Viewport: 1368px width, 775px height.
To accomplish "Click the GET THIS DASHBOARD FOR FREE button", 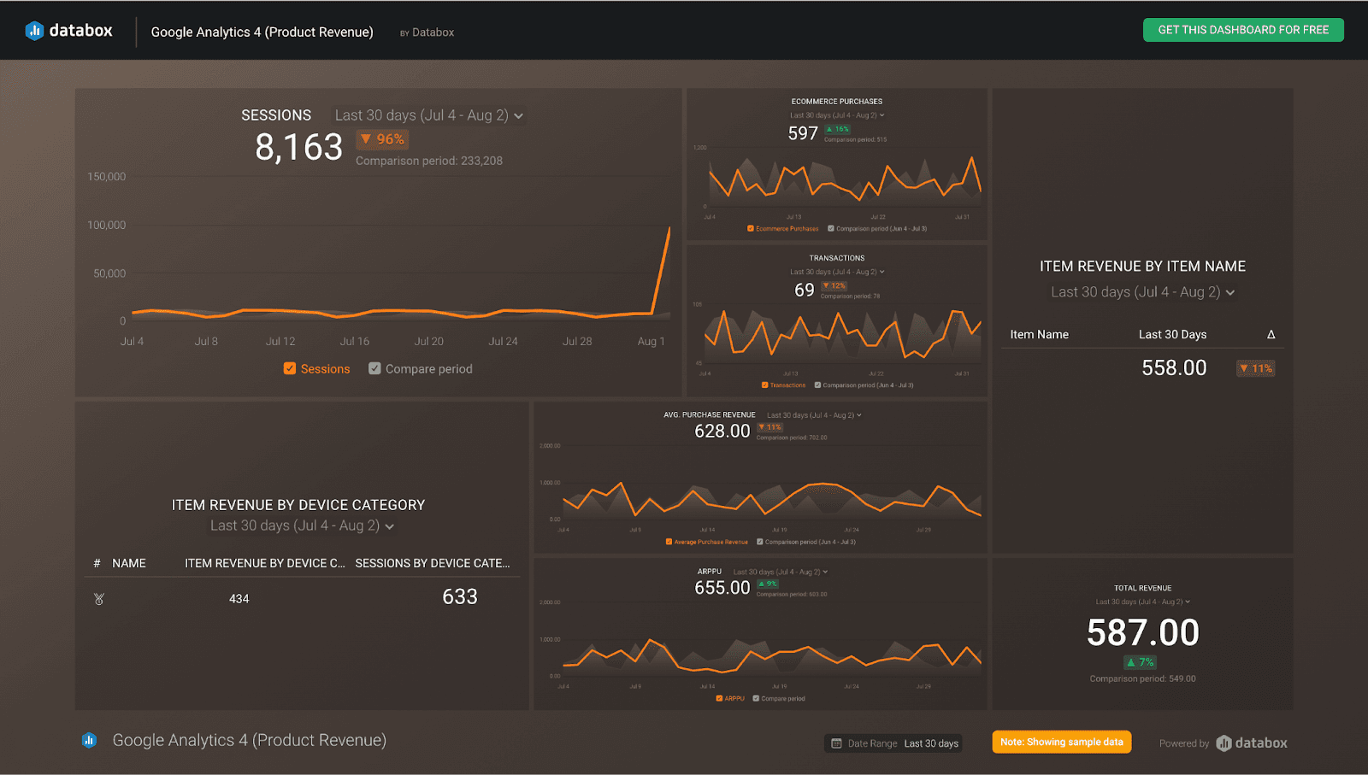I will coord(1243,30).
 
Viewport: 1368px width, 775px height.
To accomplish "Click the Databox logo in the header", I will coord(69,31).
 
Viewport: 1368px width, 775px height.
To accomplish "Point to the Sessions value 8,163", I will coord(298,147).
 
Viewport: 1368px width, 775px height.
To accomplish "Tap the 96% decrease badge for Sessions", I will coord(382,139).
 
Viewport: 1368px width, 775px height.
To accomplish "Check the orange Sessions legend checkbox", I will coord(290,368).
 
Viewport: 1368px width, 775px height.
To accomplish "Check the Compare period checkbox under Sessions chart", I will coord(374,368).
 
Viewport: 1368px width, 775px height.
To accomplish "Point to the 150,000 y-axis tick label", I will coord(107,177).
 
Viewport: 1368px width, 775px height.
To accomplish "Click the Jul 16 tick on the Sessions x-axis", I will coord(355,341).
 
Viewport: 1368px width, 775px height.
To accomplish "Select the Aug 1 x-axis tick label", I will coord(651,341).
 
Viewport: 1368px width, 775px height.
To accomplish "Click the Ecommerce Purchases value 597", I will coord(803,133).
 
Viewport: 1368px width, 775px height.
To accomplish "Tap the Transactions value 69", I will coord(805,290).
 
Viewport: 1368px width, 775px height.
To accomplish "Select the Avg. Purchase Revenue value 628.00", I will coord(722,432).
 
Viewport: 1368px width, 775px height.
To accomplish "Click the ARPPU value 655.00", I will coord(722,588).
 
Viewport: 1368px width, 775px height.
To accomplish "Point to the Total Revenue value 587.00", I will coord(1142,633).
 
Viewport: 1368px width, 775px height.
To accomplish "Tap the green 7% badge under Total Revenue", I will coord(1141,662).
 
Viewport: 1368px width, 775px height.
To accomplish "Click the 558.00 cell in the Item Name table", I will coord(1174,368).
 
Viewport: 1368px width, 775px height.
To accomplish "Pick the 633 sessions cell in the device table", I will coord(460,597).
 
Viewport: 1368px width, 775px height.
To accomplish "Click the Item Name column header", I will coord(1039,334).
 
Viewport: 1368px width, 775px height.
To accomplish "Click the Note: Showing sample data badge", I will coord(1062,742).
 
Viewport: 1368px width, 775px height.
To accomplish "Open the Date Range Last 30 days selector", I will coord(894,743).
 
